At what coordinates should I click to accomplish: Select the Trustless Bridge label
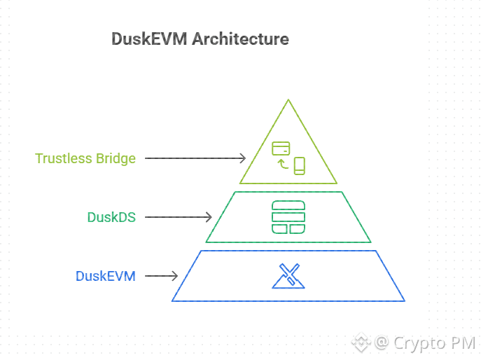85,158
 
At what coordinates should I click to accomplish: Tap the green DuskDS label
111,217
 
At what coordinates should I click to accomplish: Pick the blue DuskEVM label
106,276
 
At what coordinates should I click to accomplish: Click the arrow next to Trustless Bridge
195,158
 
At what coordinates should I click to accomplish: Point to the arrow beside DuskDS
178,217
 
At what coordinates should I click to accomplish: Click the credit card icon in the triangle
281,148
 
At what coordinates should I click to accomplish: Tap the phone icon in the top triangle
300,166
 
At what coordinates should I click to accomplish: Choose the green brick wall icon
288,217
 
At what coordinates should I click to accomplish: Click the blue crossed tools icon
288,276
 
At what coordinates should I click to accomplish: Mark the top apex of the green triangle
288,100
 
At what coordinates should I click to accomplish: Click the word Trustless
64,158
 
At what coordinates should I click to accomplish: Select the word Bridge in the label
116,158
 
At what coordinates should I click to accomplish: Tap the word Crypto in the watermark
417,342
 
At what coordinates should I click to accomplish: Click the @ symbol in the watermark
382,342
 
